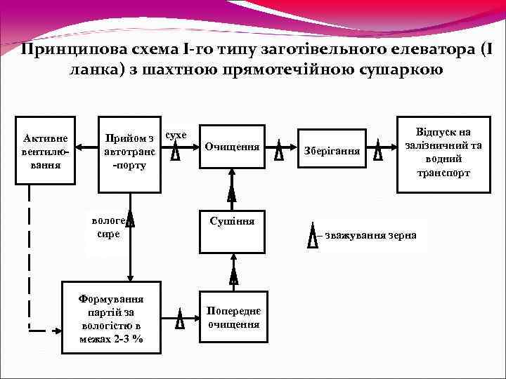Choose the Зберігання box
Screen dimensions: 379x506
click(332, 151)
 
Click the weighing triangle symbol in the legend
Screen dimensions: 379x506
click(313, 235)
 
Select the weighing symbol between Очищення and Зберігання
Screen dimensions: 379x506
click(279, 151)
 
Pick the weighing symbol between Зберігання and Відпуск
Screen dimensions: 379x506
click(379, 151)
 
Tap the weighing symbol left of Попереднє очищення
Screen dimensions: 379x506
click(180, 319)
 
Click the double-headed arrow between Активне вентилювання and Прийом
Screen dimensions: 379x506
click(86, 147)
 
